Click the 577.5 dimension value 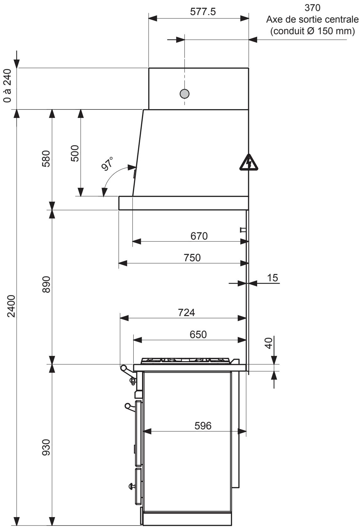click(203, 12)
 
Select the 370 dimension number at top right click(312, 7)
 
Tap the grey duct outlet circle click(184, 93)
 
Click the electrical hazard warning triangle click(249, 163)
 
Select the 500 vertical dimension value click(75, 153)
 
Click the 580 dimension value click(46, 159)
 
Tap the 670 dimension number click(199, 236)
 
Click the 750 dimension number click(192, 257)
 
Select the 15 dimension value click(273, 278)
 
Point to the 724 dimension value click(186, 312)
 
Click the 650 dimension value click(198, 334)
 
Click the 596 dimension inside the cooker click(203, 426)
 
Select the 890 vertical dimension click(46, 284)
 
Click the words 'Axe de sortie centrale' click(312, 19)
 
